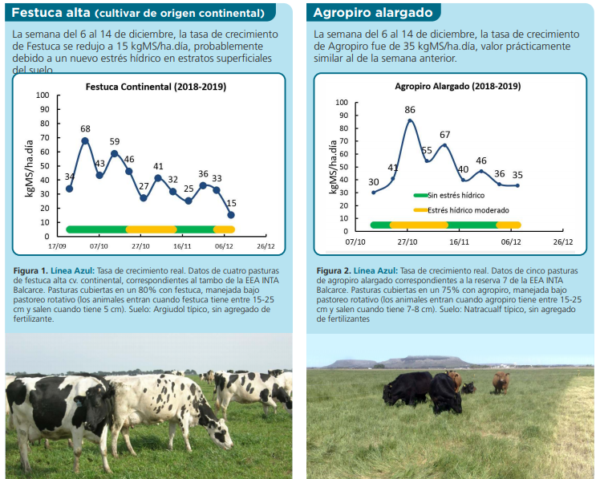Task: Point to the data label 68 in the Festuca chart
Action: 86,129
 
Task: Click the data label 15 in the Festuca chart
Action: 232,203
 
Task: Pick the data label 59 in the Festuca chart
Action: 115,142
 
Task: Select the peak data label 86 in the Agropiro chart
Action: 410,109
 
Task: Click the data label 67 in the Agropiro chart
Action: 444,133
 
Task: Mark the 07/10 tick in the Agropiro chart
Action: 356,241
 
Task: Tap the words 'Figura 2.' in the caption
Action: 335,270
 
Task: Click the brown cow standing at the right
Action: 499,382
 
